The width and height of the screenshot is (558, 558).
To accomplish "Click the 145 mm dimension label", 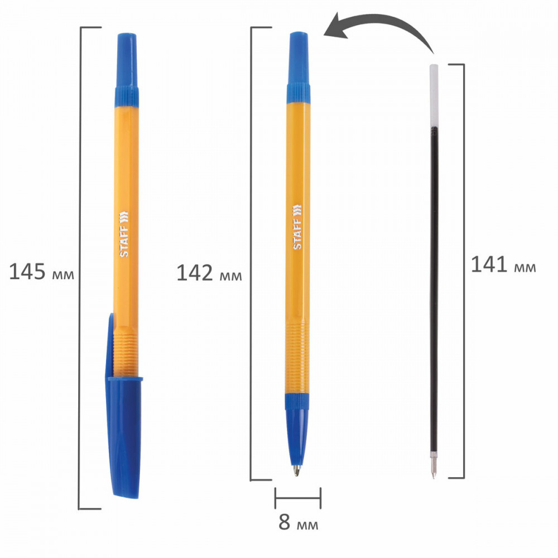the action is click(x=42, y=272).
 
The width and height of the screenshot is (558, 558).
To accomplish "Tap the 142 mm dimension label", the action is click(x=209, y=273).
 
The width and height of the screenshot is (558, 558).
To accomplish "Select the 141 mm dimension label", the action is click(x=503, y=264).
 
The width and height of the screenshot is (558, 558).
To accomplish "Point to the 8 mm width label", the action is click(x=298, y=522).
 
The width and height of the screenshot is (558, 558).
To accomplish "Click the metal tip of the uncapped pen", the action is click(x=296, y=470).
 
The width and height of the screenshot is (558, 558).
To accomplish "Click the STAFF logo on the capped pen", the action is click(x=123, y=234).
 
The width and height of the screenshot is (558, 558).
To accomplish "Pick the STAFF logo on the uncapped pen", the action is click(x=297, y=227).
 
